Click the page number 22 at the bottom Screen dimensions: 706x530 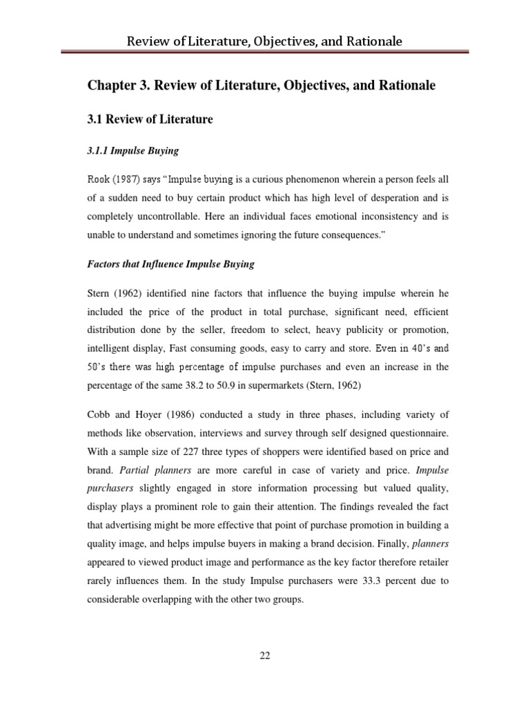pyautogui.click(x=264, y=656)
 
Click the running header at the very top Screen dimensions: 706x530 pyautogui.click(x=264, y=42)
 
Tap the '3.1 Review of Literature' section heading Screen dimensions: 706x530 pyautogui.click(x=150, y=119)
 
